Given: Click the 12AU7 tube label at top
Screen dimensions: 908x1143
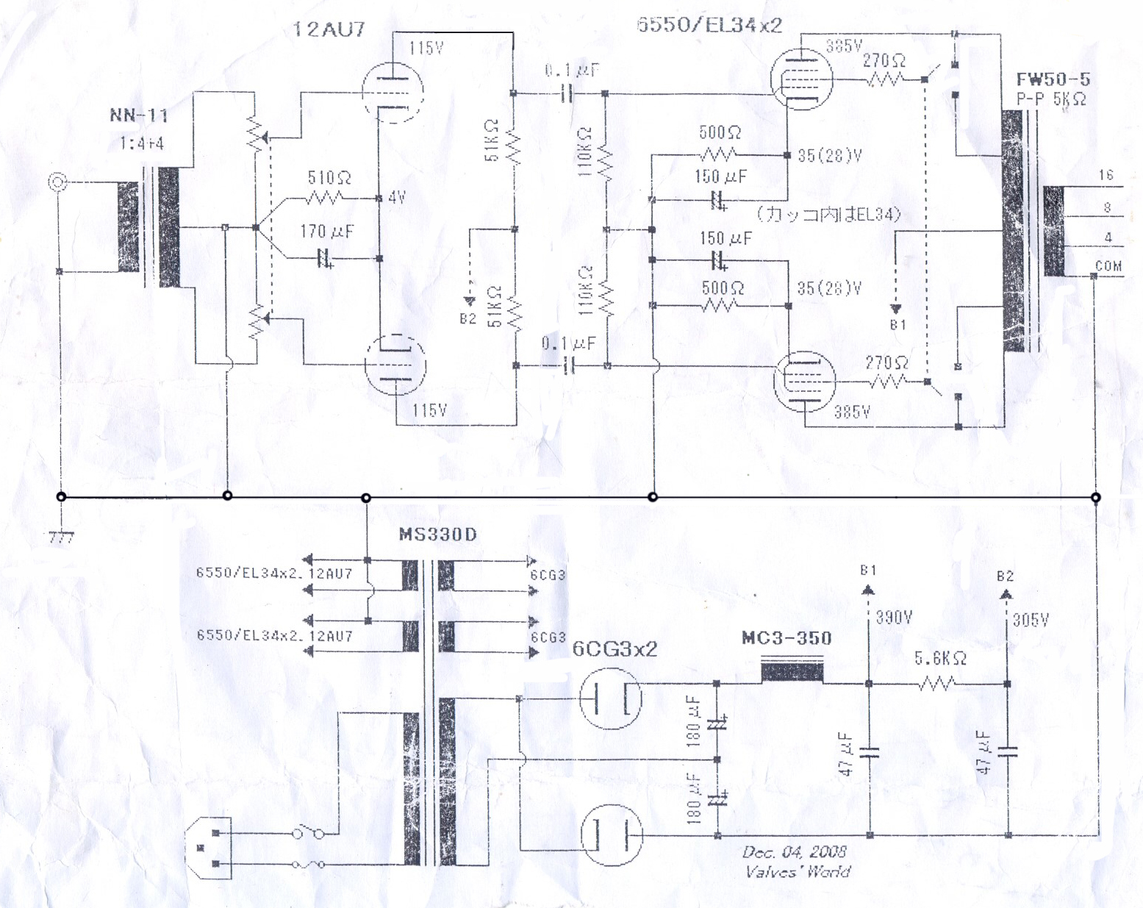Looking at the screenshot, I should (x=329, y=29).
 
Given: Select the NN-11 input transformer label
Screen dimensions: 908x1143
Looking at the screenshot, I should (x=139, y=115).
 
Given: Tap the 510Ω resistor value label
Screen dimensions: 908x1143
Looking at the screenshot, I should (x=329, y=178).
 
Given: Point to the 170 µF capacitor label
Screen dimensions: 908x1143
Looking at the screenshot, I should (x=326, y=232).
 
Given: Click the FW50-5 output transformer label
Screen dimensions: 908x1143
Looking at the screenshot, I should (x=1053, y=79).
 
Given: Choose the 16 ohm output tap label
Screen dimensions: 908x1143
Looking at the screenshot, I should (x=1106, y=175).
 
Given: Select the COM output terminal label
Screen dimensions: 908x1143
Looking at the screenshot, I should (x=1108, y=266).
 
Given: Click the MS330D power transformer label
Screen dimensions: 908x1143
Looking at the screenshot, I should (x=437, y=535).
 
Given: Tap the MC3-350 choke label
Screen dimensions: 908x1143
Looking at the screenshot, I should (x=787, y=638).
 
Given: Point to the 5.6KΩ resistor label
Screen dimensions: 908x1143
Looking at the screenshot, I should (x=940, y=659).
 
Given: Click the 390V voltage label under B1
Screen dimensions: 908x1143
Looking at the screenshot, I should (x=894, y=618).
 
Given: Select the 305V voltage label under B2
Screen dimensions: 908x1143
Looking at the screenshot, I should (x=1031, y=620).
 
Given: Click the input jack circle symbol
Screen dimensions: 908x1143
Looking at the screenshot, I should (x=56, y=182).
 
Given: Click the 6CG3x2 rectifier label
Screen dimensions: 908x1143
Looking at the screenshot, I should (x=615, y=649).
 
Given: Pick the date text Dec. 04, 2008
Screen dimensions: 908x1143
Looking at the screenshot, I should (x=794, y=852).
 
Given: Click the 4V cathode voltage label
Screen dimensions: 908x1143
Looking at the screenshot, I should (x=397, y=197).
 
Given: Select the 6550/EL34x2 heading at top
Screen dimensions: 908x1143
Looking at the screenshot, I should (x=709, y=25).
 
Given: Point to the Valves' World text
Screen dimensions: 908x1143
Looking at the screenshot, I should (x=798, y=872).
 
